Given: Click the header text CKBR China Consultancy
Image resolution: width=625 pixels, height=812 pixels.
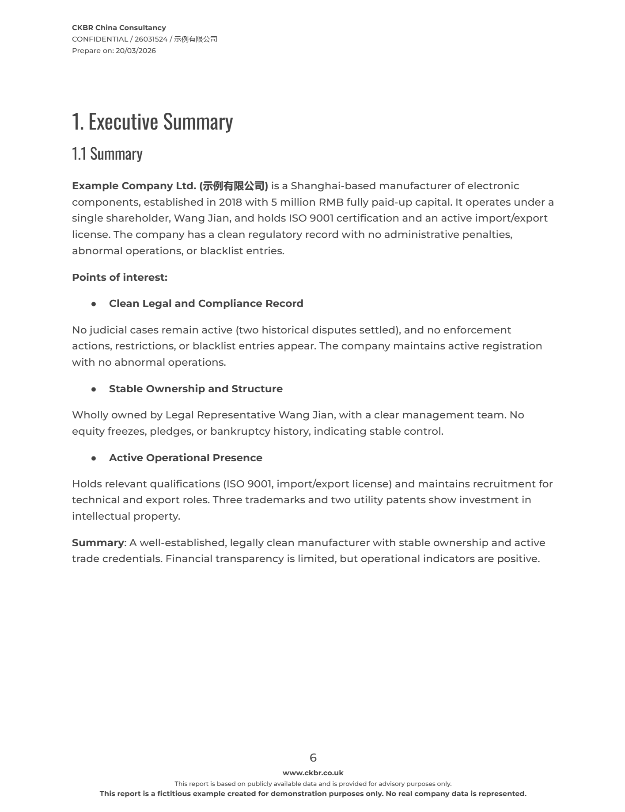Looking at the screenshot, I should [119, 27].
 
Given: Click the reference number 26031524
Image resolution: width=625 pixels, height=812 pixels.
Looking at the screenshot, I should [151, 39].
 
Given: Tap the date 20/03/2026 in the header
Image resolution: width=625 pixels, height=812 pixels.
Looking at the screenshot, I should [136, 50].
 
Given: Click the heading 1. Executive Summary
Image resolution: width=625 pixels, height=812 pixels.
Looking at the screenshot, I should [152, 121].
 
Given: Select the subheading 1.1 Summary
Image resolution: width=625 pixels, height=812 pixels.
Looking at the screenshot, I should [107, 154].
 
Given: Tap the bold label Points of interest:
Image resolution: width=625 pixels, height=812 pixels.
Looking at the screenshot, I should [120, 277].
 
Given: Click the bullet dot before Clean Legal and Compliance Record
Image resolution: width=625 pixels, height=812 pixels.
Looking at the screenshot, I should [94, 304].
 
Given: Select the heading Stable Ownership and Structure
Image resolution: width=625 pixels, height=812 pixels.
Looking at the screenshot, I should [196, 389].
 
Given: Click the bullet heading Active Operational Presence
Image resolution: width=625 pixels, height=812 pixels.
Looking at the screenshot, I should [186, 458].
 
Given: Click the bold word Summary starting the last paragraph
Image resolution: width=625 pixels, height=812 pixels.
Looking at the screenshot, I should [98, 543].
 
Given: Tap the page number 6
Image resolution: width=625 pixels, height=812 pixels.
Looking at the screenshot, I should [313, 758].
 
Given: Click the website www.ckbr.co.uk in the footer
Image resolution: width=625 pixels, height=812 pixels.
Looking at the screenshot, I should [313, 773].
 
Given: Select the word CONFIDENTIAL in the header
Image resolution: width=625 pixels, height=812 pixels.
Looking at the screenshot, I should [100, 39].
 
